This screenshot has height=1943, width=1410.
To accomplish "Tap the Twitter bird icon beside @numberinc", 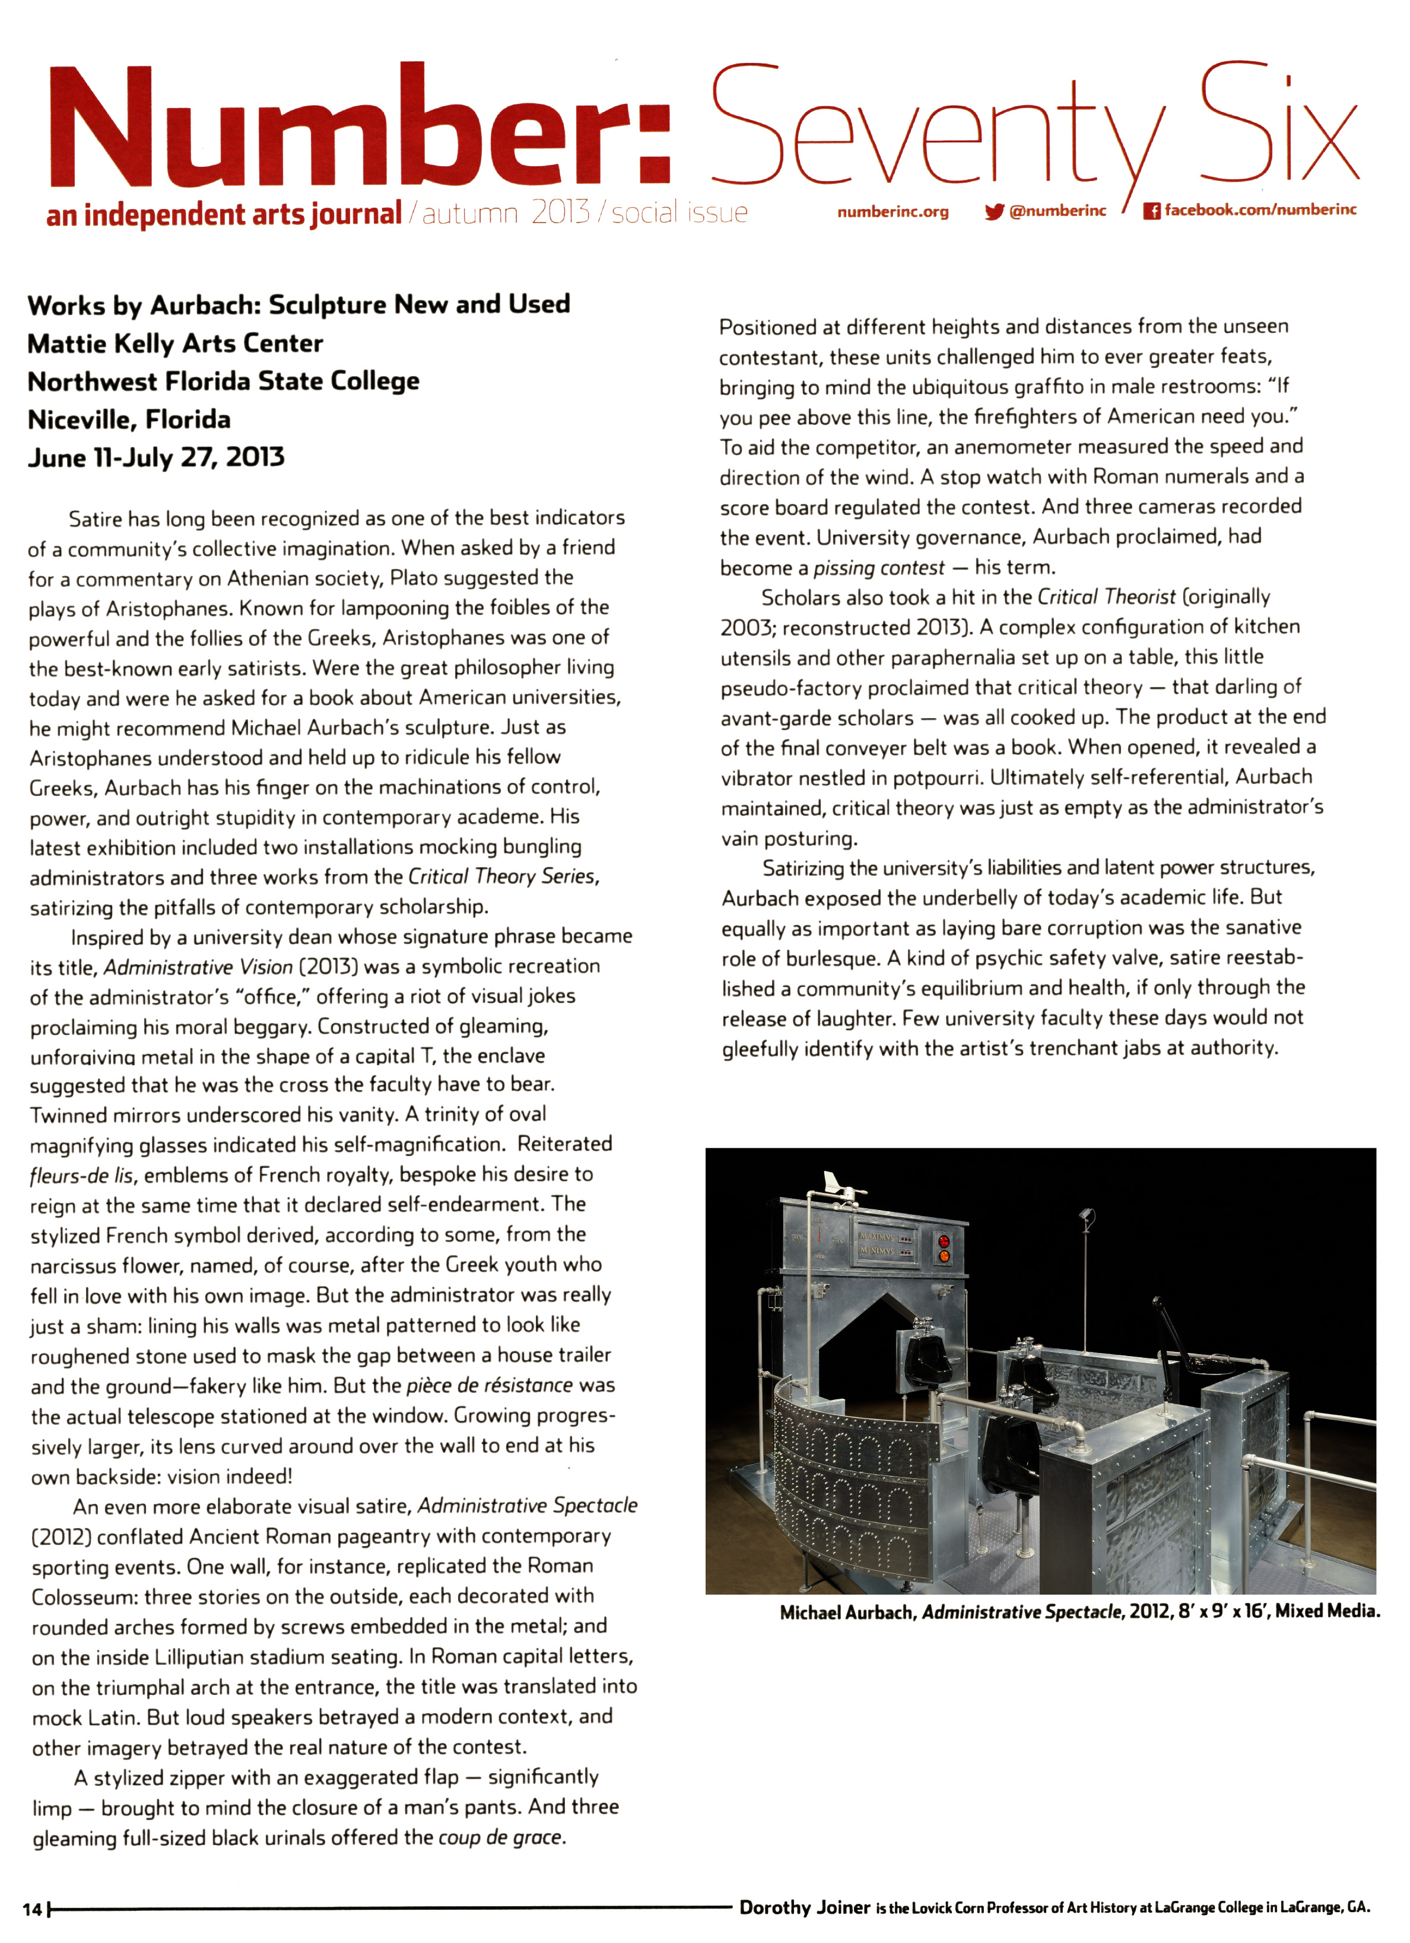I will point(993,212).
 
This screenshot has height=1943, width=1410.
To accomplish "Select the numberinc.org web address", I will point(893,212).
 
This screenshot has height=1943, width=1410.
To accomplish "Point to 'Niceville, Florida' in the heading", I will point(129,419).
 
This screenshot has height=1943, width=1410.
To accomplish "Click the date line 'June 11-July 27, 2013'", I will point(156,458).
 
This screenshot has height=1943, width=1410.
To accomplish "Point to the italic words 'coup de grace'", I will point(501,1837).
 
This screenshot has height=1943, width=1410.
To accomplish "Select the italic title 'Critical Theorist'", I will point(1106,597).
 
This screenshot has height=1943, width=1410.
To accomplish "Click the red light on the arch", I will point(945,1242).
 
